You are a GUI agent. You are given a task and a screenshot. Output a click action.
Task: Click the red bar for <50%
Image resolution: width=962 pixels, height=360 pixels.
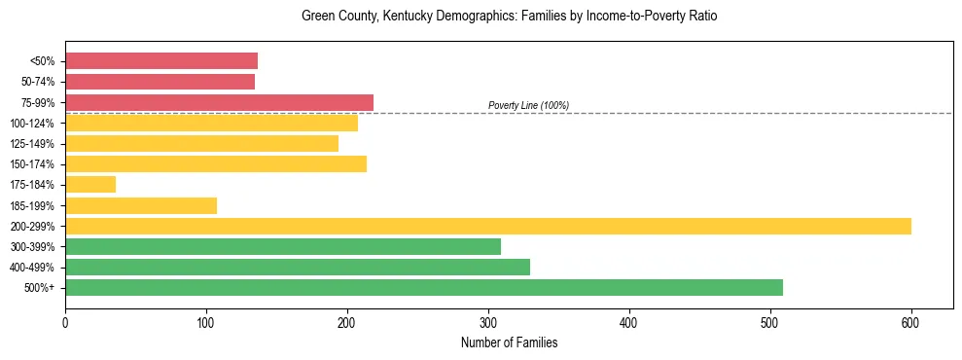coord(161,60)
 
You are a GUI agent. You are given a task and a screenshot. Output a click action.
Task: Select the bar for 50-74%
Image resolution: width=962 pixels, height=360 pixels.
coord(160,82)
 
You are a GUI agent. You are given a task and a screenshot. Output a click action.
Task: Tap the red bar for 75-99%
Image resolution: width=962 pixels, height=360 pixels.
coord(219,102)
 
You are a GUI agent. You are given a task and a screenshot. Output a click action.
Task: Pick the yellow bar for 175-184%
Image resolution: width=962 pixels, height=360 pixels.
coord(90,184)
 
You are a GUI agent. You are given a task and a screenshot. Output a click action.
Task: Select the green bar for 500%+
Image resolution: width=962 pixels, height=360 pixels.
coord(424,287)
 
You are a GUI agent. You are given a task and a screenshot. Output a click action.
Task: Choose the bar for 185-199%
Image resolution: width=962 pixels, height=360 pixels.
coord(141,205)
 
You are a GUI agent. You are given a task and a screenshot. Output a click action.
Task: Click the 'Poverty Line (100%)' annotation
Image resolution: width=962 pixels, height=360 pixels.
coord(528,105)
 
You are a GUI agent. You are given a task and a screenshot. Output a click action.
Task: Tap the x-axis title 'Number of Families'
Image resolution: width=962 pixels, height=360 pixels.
coord(509,342)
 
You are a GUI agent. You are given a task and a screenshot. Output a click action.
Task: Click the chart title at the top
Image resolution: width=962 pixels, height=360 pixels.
coord(509,17)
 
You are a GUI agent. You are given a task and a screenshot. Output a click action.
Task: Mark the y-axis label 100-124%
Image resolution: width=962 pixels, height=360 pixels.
coord(32,124)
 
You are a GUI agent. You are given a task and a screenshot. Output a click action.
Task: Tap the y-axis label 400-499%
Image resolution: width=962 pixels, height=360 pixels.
coord(32,268)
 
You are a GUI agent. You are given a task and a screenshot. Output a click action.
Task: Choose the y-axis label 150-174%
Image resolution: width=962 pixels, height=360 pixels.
coord(32,164)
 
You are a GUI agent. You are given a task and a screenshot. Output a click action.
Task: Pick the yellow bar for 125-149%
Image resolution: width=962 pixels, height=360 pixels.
coord(201,143)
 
